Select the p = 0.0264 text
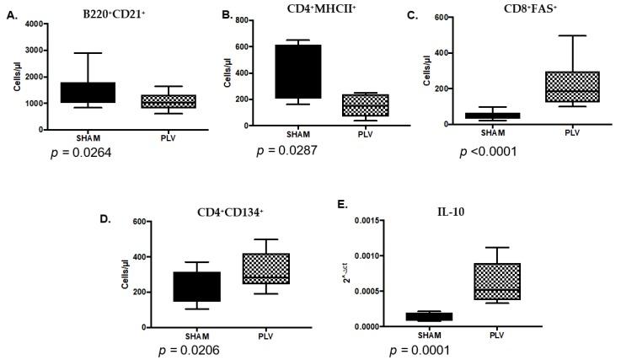78,152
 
